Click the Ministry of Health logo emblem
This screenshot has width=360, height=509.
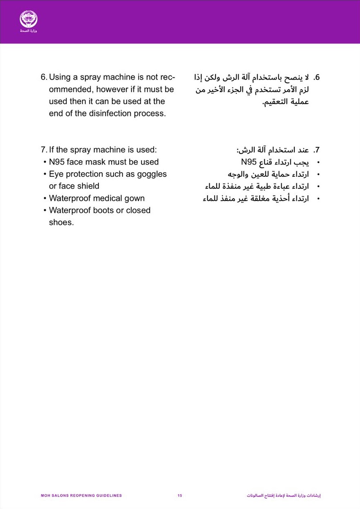(28, 19)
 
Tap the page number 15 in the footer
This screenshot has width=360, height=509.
(180, 496)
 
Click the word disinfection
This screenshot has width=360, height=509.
(110, 113)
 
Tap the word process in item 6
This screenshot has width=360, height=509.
(150, 113)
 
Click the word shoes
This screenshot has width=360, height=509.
(61, 222)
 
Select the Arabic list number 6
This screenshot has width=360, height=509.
(317, 78)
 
